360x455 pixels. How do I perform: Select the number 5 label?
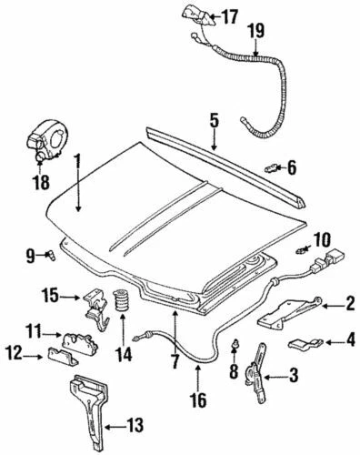coord(214,119)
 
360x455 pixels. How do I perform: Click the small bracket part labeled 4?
coord(305,343)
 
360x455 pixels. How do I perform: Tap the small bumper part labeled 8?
coord(234,344)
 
